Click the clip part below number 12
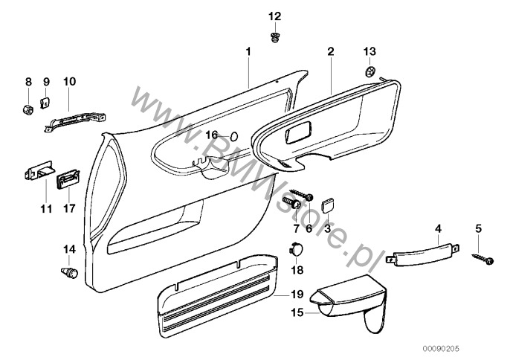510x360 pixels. coord(276,37)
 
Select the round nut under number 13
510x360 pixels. coord(370,71)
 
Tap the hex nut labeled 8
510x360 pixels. coord(28,109)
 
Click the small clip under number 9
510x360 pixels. coord(45,103)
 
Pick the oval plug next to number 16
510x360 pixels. coord(234,135)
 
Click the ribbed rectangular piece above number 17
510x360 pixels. coord(68,180)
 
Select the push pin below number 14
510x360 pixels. coord(69,272)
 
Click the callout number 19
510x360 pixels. coord(297,295)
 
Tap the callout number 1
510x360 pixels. coord(248,51)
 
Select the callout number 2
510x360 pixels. coord(330,51)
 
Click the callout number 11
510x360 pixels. coord(46,209)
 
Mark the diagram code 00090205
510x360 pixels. coord(441,349)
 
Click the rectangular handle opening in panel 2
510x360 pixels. coord(298,132)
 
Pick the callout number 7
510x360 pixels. coord(296,228)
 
